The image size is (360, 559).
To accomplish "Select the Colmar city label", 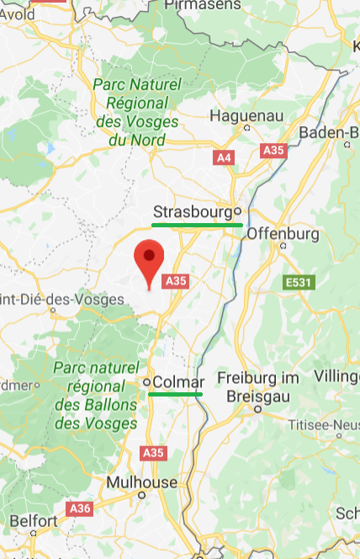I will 177,382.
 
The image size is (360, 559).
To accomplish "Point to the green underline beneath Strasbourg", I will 197,225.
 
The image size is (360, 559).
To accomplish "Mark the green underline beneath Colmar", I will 176,394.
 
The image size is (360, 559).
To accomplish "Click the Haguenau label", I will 243,114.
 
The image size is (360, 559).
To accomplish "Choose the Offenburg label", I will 282,232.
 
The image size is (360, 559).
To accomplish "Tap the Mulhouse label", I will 141,482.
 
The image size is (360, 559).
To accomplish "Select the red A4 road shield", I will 224,157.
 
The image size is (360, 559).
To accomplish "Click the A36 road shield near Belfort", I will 81,508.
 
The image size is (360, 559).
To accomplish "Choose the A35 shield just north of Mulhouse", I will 153,453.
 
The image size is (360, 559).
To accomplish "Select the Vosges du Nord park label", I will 136,112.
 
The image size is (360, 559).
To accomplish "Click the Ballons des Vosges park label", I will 95,396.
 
